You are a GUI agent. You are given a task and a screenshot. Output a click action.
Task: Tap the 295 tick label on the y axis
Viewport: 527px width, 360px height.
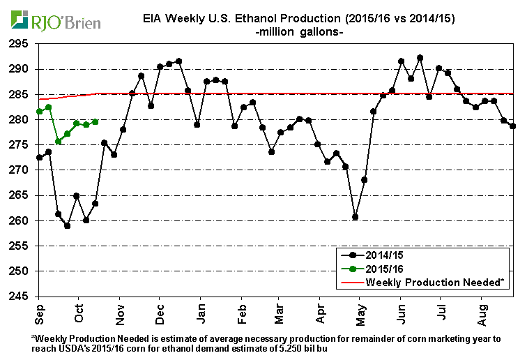coord(19,44)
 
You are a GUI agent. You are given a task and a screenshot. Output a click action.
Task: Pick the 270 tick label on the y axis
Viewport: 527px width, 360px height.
coord(19,170)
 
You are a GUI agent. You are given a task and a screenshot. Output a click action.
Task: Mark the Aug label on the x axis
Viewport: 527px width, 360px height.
coord(481,310)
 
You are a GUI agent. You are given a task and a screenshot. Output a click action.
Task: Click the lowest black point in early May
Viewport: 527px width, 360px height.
coord(356,217)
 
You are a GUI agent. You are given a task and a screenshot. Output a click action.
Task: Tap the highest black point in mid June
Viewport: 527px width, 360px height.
coord(420,58)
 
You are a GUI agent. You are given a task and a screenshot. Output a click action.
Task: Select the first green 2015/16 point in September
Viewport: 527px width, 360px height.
coord(39,111)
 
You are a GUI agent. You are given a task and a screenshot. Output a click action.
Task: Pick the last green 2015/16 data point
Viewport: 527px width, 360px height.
coord(95,121)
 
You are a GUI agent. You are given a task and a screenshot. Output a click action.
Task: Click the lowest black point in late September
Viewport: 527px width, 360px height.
coord(67,225)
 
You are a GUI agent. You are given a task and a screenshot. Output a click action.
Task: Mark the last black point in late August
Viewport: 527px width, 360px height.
coord(512,126)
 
